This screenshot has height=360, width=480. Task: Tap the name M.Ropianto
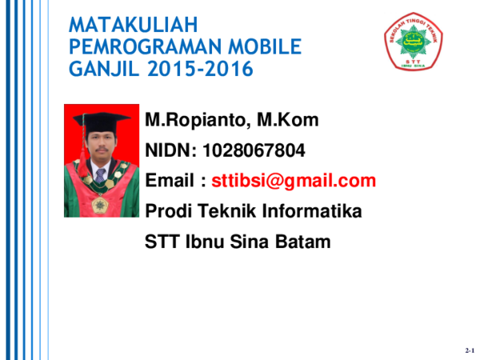[x=194, y=121]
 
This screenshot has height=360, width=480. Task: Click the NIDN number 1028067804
[x=254, y=150]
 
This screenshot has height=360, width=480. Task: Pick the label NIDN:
[x=170, y=150]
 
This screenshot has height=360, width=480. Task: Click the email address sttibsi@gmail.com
[x=294, y=181]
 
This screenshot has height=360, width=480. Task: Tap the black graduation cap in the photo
[x=100, y=121]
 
